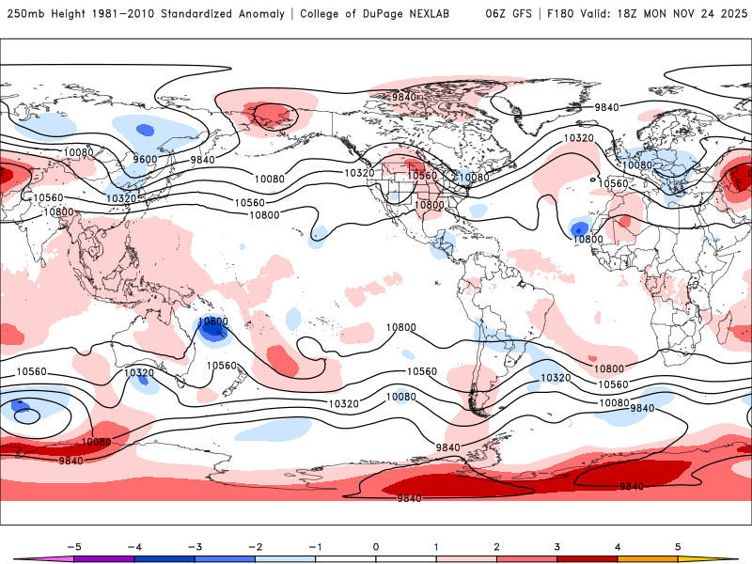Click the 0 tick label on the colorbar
(x=375, y=546)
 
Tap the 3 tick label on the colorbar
(x=557, y=546)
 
